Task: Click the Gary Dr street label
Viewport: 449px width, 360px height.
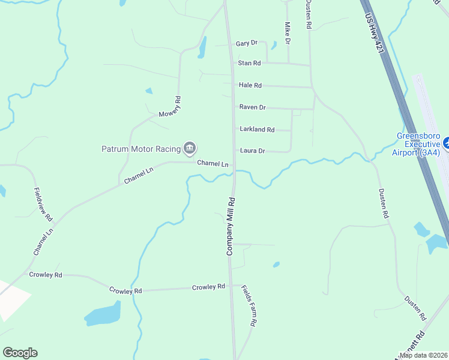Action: [x=246, y=43]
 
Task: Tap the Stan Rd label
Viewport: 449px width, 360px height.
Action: [x=249, y=63]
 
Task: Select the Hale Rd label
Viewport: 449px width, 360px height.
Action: [x=250, y=85]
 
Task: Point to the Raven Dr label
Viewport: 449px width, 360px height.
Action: [x=252, y=107]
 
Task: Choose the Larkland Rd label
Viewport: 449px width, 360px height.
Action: [x=256, y=130]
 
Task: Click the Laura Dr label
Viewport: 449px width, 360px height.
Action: [x=252, y=151]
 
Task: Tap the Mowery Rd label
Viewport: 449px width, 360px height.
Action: [x=170, y=107]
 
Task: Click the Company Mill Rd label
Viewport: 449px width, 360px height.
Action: [x=230, y=226]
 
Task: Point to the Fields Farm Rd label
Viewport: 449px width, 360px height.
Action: [x=249, y=305]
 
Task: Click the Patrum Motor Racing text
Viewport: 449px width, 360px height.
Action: [x=140, y=148]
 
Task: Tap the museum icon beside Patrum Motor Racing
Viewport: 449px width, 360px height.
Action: [x=190, y=148]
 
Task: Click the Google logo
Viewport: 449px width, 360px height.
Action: [x=20, y=353]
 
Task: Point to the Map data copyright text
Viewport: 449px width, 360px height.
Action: [x=423, y=355]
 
